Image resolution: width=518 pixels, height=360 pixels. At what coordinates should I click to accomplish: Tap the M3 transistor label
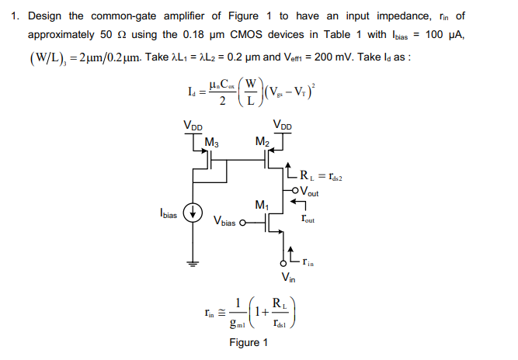pos(210,141)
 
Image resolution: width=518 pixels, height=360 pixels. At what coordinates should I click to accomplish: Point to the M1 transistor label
pos(261,206)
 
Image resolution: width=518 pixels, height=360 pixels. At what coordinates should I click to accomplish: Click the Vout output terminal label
pos(308,192)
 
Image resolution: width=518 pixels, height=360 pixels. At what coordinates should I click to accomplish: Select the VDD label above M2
pos(283,124)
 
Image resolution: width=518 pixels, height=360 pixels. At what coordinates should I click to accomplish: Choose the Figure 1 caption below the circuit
pos(249,343)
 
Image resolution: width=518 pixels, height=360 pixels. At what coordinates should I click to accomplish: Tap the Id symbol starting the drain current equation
pos(193,92)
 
